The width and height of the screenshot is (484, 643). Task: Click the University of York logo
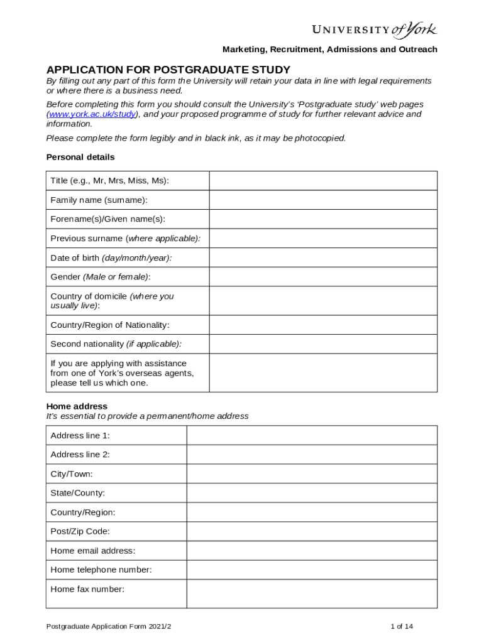click(375, 30)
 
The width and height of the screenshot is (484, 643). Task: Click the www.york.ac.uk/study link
click(92, 114)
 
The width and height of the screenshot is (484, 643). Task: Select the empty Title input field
click(323, 181)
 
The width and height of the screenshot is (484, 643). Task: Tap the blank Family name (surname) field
click(323, 200)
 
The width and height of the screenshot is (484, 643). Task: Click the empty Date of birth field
click(323, 257)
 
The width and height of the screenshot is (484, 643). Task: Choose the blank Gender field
click(323, 277)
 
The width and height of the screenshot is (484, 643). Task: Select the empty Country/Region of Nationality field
click(323, 325)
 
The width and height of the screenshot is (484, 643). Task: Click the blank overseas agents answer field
click(323, 373)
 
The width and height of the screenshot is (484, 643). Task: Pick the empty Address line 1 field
click(312, 435)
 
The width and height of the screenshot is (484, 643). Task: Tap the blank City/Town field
click(312, 473)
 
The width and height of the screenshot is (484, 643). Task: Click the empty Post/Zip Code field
click(312, 531)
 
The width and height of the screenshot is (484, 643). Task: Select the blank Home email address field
click(312, 551)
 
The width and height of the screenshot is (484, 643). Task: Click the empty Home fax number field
click(312, 593)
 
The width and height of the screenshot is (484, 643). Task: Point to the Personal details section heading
click(80, 157)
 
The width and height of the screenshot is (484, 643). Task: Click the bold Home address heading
click(77, 406)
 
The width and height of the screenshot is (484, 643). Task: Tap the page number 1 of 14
click(402, 626)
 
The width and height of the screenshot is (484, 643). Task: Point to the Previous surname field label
click(126, 239)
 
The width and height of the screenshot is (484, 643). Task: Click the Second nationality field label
click(116, 344)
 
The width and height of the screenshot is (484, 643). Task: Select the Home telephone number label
click(101, 570)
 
